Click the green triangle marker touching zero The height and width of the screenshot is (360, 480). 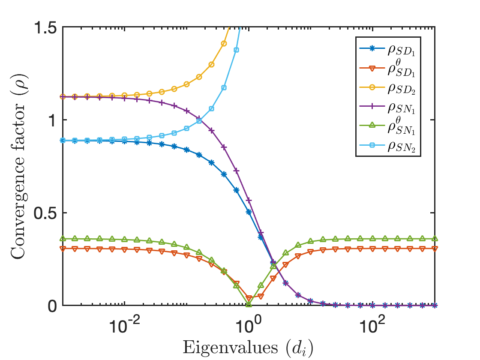click(x=249, y=304)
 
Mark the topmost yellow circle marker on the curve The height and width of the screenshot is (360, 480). click(x=224, y=43)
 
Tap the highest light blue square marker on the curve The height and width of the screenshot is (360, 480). click(x=236, y=50)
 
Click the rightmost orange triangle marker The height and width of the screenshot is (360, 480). click(x=435, y=249)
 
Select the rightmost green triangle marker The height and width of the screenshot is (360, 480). click(x=435, y=238)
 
